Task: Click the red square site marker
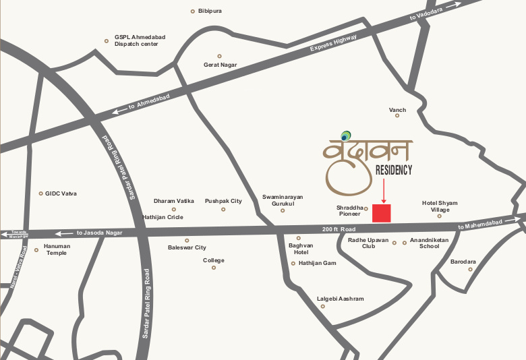coord(382,213)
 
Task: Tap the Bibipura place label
coord(210,11)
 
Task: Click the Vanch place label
coord(397,109)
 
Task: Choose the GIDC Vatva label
coord(61,193)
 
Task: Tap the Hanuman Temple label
coord(57,249)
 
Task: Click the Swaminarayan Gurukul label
coord(283,200)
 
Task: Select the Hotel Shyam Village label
coord(440,206)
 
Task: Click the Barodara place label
coord(463,261)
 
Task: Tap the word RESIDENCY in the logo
coord(393,171)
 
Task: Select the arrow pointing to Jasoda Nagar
coord(63,233)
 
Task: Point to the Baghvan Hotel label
coord(301,249)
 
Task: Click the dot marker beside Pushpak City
coord(223,210)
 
